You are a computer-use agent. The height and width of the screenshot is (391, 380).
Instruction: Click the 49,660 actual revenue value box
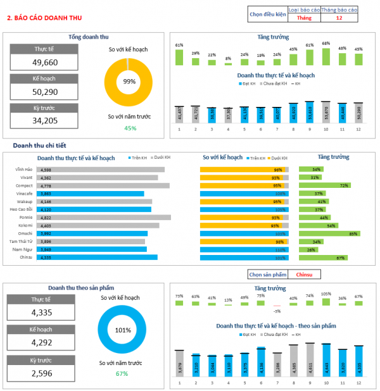tap(44, 62)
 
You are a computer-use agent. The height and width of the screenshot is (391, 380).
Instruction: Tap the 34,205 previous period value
tap(44, 120)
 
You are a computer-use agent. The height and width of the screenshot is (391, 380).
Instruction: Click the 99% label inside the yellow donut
tap(130, 82)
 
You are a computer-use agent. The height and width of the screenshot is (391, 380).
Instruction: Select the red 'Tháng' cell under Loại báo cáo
tap(304, 18)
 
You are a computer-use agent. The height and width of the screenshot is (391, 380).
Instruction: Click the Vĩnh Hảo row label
tap(24, 170)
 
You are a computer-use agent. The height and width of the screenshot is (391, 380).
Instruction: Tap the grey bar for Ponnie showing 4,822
tap(104, 218)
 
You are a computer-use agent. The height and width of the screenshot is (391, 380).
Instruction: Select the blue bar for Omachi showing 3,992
tap(92, 233)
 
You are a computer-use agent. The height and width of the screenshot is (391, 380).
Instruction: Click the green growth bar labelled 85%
tap(329, 233)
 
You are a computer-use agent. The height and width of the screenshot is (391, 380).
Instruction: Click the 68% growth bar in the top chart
tap(326, 57)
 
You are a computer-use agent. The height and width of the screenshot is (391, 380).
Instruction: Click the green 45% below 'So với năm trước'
tap(130, 128)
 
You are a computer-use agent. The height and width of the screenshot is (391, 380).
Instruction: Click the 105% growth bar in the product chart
tap(326, 302)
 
